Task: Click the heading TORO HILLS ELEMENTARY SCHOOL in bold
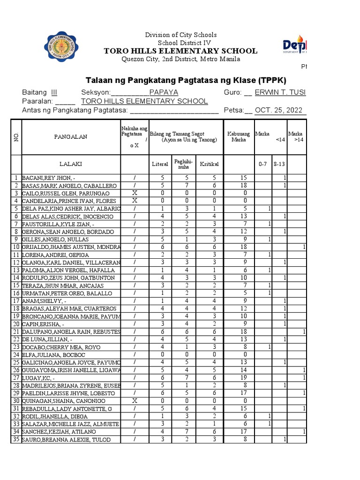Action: coord(180,51)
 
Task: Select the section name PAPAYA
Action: coord(164,92)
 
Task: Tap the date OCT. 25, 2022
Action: coord(280,110)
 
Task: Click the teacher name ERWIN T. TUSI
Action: coord(280,92)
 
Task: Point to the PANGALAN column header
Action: coord(70,137)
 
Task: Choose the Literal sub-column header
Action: coord(160,165)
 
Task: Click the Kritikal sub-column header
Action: coord(209,165)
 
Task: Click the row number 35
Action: coord(16,439)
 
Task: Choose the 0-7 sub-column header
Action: coord(262,165)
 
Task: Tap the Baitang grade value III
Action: coord(54,92)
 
